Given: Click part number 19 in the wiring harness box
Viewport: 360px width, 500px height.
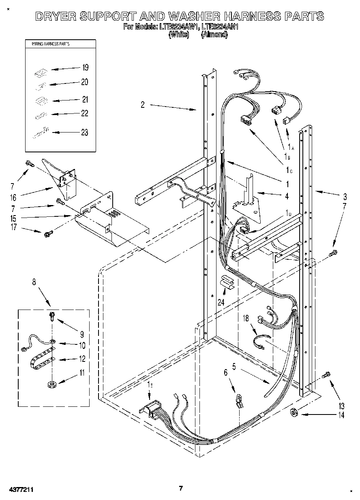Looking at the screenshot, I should (x=85, y=68).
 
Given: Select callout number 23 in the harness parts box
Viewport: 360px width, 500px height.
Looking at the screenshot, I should (x=84, y=132).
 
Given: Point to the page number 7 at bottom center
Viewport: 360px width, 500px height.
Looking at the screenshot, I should (x=181, y=488).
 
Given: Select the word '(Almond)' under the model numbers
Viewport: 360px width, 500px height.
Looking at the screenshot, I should (x=214, y=35).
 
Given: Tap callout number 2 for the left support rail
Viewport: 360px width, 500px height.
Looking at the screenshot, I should (x=143, y=105).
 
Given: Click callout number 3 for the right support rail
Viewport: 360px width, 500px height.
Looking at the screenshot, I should (x=345, y=197).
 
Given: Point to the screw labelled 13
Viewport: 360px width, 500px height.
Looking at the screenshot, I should (x=326, y=376).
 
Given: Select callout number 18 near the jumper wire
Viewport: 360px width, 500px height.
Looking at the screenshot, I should (x=246, y=318).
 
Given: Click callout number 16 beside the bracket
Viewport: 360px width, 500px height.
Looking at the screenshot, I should (x=13, y=197).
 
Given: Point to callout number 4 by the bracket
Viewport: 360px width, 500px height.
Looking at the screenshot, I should (x=287, y=197).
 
